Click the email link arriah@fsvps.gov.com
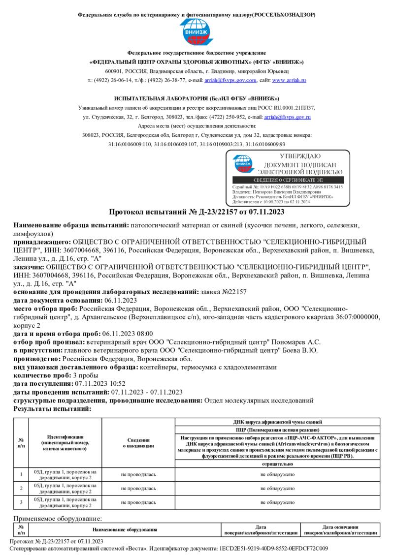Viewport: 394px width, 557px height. [230, 80]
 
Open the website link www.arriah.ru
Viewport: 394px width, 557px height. [289, 80]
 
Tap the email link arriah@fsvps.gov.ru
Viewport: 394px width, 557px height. [287, 117]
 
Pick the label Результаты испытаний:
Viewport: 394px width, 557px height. [52, 408]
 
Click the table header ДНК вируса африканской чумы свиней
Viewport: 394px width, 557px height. [277, 422]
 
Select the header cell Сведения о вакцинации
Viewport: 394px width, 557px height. [138, 443]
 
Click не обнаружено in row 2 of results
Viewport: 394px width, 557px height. [277, 489]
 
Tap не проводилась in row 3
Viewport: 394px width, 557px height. [138, 502]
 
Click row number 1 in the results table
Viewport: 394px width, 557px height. [21, 474]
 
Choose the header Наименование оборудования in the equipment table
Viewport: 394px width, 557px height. [125, 530]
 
